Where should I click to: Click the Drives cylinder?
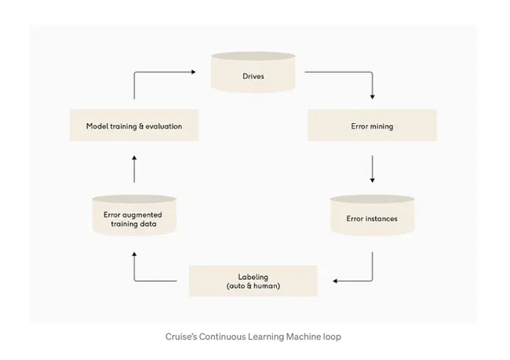[253, 72]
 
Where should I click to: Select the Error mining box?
[371, 125]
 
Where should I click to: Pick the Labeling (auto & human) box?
[253, 281]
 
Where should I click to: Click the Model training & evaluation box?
[134, 125]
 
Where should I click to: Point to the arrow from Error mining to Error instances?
[372, 169]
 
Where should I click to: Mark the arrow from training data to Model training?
[134, 169]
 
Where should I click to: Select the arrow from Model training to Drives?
[157, 73]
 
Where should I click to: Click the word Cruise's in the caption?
[181, 336]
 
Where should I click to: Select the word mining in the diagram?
[381, 125]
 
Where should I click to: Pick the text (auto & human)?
[253, 286]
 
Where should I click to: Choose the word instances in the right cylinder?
[381, 218]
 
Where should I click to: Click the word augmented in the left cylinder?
[137, 213]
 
